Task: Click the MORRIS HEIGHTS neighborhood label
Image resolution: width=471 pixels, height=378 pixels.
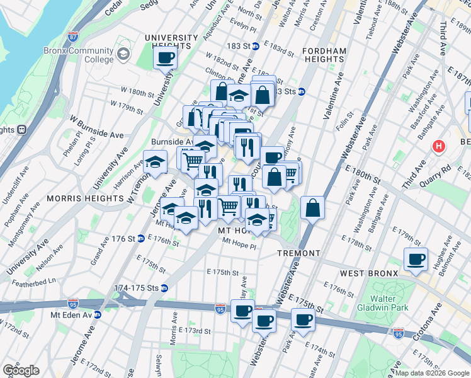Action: (84, 198)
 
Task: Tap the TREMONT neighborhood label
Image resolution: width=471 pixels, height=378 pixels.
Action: (299, 253)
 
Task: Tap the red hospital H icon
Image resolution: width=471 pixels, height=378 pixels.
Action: (439, 146)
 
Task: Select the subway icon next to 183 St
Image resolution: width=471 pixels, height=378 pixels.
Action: (256, 46)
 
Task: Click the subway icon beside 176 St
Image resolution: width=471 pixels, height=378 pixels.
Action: (141, 238)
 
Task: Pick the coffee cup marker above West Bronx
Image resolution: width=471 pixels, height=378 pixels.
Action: (416, 260)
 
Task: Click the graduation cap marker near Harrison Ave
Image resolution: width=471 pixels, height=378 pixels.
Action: (155, 164)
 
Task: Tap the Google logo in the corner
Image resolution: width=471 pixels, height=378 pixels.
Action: (21, 370)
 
